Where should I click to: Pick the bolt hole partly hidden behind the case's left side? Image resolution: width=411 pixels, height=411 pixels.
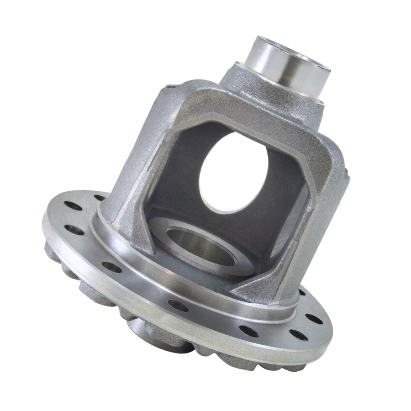click(x=100, y=198)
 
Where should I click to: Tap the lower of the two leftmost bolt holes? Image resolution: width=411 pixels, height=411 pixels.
click(x=74, y=229)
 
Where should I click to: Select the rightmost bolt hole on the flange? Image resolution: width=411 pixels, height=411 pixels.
click(x=314, y=318)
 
